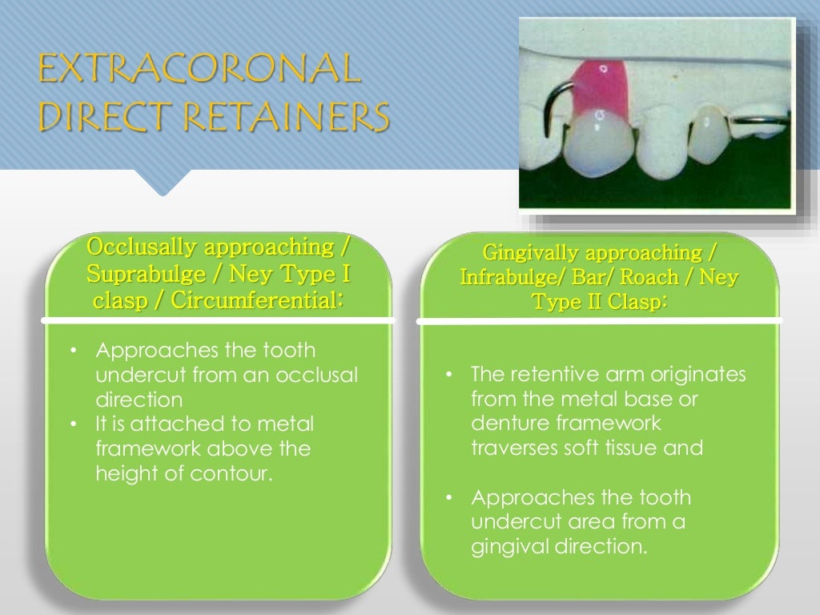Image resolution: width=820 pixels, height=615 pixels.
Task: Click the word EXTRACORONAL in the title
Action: point(199,70)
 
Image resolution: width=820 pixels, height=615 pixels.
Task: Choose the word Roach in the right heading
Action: point(649,278)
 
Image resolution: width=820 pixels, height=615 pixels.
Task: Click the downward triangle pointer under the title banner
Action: point(163,183)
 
